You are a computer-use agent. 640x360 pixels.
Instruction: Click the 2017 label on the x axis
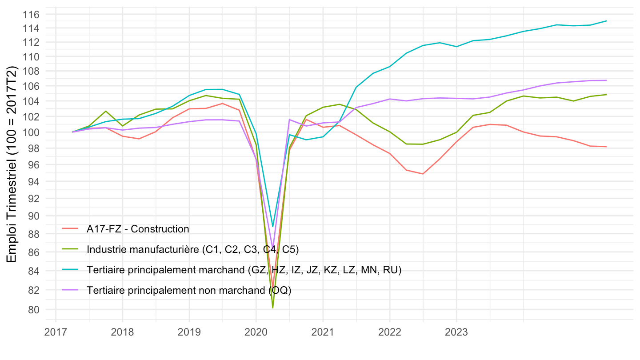pyautogui.click(x=56, y=332)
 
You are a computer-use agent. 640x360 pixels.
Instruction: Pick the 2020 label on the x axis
pyautogui.click(x=256, y=332)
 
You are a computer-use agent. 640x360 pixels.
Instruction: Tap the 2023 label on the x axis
pyautogui.click(x=456, y=332)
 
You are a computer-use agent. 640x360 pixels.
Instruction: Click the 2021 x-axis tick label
pyautogui.click(x=323, y=332)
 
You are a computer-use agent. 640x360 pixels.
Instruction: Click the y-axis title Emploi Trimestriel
pyautogui.click(x=12, y=164)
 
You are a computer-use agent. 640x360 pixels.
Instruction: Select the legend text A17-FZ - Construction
pyautogui.click(x=138, y=229)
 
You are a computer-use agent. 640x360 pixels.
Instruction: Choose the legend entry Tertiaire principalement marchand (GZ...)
pyautogui.click(x=244, y=270)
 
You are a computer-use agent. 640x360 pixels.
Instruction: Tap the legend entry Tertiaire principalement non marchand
pyautogui.click(x=189, y=290)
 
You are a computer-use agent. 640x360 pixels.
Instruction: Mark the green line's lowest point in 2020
pyautogui.click(x=273, y=308)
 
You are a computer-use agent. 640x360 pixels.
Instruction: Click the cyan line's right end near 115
pyautogui.click(x=606, y=21)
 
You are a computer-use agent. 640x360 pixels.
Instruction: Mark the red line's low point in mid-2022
pyautogui.click(x=423, y=174)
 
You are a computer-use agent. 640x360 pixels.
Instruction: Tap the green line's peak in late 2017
pyautogui.click(x=106, y=111)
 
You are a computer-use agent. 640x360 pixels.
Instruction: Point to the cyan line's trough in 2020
pyautogui.click(x=273, y=227)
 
